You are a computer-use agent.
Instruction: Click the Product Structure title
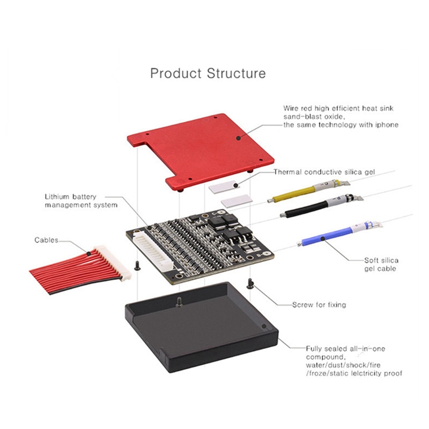[208, 73]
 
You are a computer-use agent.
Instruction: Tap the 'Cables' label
[47, 240]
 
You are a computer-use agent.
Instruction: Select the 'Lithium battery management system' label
[81, 201]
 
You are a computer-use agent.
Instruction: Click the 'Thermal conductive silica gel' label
[324, 172]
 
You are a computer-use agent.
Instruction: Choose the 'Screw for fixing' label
[319, 305]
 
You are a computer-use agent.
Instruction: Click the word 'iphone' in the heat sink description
[387, 125]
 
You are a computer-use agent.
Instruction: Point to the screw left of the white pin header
[138, 264]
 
